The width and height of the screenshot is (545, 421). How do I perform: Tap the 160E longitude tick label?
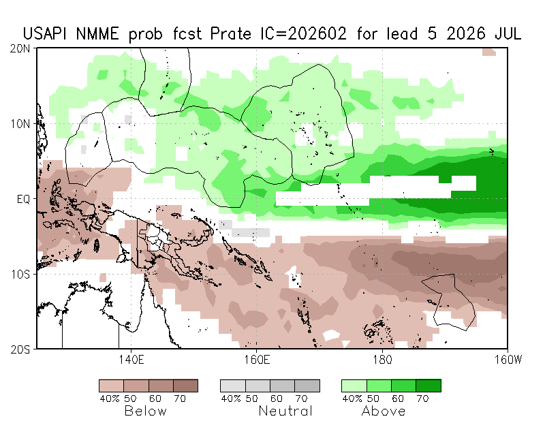[256, 358]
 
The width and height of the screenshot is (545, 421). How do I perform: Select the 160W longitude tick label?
[505, 358]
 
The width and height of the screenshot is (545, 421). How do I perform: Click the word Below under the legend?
[146, 411]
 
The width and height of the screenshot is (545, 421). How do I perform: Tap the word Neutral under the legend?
[285, 411]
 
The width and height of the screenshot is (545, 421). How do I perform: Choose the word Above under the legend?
[384, 411]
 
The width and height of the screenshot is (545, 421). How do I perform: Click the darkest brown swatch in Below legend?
[185, 386]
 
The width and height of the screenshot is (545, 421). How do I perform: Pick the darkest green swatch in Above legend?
[429, 386]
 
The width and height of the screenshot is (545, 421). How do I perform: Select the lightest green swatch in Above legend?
[354, 386]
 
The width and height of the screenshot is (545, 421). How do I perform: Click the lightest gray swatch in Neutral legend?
[232, 386]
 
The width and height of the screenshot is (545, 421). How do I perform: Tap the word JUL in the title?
[505, 33]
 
